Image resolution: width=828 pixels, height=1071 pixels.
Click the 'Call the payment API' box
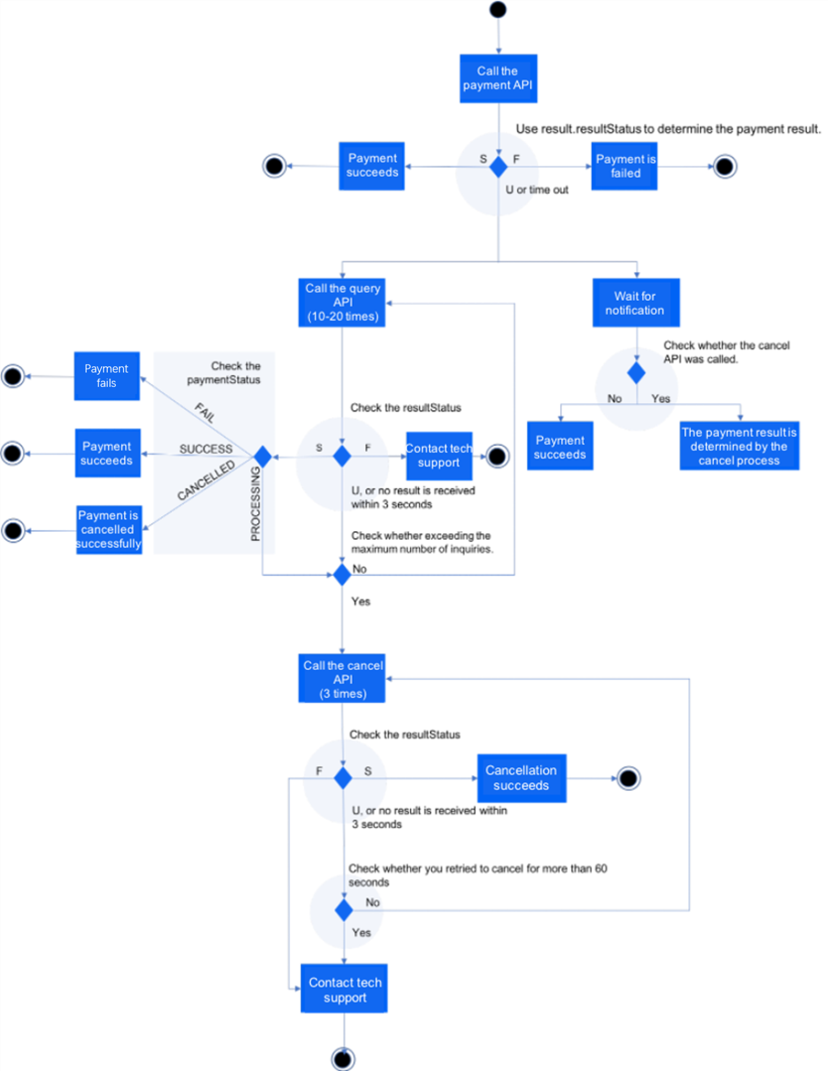[x=498, y=78]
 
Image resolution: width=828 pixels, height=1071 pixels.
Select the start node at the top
[x=498, y=9]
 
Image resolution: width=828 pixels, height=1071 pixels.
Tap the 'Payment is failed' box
[x=624, y=166]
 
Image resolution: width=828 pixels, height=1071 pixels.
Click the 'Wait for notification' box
[x=636, y=303]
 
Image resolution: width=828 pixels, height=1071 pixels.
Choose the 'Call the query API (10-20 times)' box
[x=342, y=302]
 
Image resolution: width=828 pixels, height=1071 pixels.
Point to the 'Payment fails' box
[x=107, y=376]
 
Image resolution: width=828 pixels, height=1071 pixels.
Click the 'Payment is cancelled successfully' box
[x=109, y=530]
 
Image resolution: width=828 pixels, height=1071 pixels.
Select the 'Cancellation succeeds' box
[x=522, y=778]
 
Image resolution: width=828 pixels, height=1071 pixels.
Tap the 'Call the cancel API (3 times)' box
[x=342, y=679]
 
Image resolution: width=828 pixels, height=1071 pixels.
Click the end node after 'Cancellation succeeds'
[x=628, y=779]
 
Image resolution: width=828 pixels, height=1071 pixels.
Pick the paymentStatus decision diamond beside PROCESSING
[x=263, y=457]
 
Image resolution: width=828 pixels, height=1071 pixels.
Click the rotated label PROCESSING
[x=255, y=504]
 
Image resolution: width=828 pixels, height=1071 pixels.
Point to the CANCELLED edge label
[x=206, y=479]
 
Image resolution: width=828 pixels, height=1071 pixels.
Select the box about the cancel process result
[x=739, y=446]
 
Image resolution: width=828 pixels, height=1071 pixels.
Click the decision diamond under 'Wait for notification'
[x=636, y=373]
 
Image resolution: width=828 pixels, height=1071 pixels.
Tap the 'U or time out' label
[x=537, y=190]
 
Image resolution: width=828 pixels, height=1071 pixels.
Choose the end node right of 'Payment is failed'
[x=725, y=166]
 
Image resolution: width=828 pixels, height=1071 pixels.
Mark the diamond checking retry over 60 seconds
[x=344, y=910]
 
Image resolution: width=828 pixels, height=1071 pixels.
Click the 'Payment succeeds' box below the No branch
[x=560, y=446]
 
